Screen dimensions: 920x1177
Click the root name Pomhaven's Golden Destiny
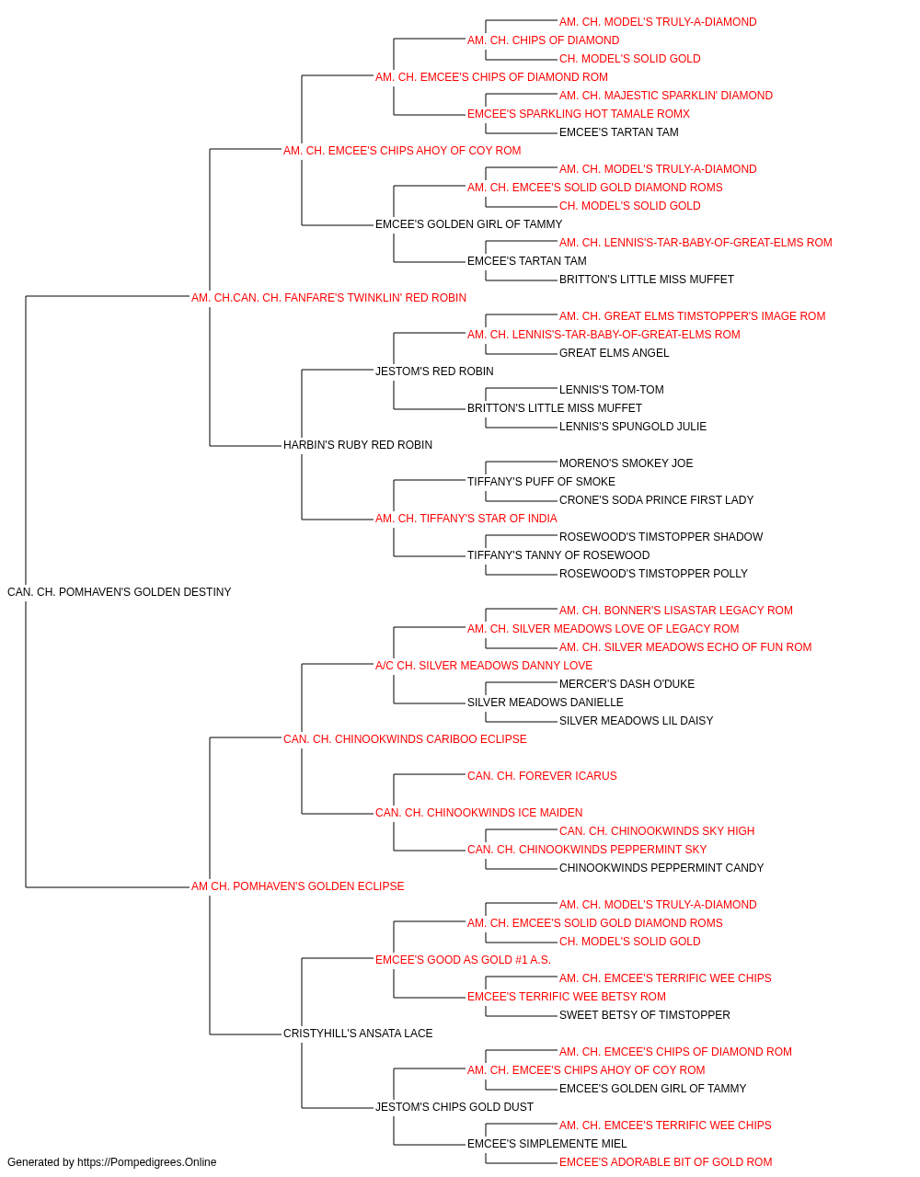click(x=120, y=592)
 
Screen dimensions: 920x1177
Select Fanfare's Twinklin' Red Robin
click(x=328, y=298)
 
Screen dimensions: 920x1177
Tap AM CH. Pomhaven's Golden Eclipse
click(x=297, y=886)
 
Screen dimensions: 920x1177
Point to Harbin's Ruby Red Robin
click(x=358, y=445)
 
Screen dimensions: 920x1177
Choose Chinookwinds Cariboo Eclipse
click(x=405, y=739)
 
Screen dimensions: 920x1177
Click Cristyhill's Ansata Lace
click(x=358, y=1034)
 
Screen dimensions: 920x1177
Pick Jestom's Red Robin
click(x=434, y=371)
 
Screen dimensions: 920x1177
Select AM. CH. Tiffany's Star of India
click(x=466, y=519)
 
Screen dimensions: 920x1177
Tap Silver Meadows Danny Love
click(x=484, y=666)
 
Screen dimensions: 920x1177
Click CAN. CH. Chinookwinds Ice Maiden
click(x=479, y=813)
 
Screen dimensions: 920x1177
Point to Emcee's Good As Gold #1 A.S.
click(x=464, y=960)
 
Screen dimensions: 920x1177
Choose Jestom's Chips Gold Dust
click(x=454, y=1107)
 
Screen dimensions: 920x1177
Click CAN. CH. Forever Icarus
click(x=542, y=776)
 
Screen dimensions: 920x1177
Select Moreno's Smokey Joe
click(x=626, y=463)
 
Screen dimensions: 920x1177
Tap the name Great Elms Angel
click(x=614, y=353)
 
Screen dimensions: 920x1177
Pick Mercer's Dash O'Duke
click(x=627, y=684)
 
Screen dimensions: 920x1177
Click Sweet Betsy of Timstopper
click(x=645, y=1015)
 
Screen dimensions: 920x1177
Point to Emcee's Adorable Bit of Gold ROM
click(x=665, y=1162)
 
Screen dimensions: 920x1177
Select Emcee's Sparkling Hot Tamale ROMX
click(x=578, y=114)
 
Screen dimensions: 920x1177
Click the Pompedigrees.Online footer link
click(x=146, y=1162)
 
